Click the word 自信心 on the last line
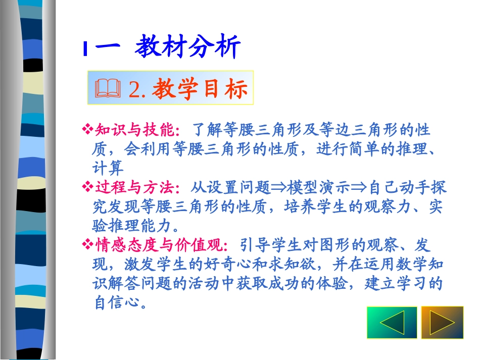(x=120, y=303)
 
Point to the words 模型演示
(x=318, y=188)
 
